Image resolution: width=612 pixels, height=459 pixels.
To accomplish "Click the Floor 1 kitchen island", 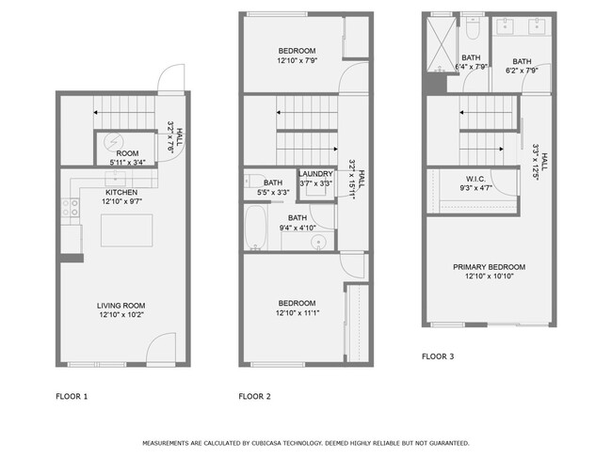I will coord(127,228).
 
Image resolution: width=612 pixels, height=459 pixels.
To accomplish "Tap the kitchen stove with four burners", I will coord(70,209).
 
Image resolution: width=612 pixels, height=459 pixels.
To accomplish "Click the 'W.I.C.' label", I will coord(475,179).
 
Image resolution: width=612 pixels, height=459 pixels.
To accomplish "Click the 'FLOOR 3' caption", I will coord(437,356).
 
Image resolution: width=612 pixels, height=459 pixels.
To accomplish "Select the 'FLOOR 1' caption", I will coord(72,396).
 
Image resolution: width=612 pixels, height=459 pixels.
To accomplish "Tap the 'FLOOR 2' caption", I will coord(254,396).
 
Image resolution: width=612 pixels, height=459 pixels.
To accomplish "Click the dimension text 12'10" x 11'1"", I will coord(296,313).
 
